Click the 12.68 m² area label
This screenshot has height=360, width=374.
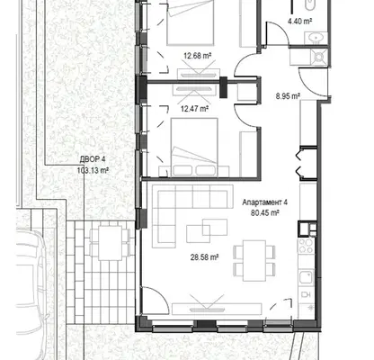tap(198, 56)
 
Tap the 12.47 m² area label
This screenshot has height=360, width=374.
tap(194, 108)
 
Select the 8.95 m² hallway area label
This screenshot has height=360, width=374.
tap(288, 96)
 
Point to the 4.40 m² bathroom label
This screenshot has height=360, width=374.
tap(300, 21)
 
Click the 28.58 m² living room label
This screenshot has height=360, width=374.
tap(204, 257)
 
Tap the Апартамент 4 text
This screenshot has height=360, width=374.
tap(265, 202)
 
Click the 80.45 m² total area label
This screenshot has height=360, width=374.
tap(265, 212)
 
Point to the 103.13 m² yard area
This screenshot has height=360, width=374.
tap(93, 170)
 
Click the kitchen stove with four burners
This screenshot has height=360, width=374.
tap(306, 246)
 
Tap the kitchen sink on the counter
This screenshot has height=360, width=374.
tap(306, 277)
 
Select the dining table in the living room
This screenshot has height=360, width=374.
tap(254, 261)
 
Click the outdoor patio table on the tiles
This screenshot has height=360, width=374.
tap(110, 243)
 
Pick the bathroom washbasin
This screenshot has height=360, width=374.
tap(316, 38)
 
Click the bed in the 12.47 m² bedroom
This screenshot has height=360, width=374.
tap(194, 147)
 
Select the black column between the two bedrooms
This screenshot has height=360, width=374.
tap(223, 87)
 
